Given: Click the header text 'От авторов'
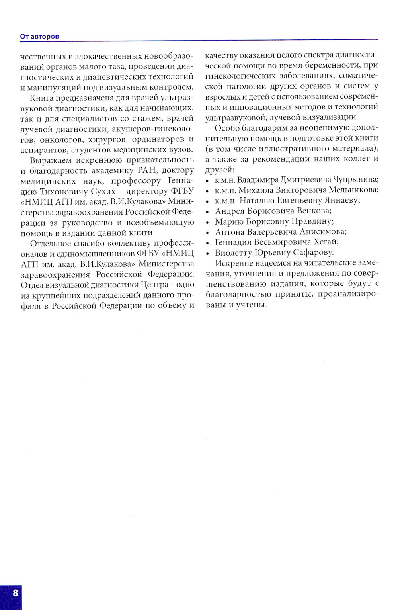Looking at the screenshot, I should point(39,37).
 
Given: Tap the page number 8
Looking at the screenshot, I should point(16,593).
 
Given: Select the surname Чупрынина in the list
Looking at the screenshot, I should point(356,180).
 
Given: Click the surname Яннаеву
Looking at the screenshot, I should point(339,201).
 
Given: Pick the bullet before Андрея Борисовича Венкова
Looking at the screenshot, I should point(207,211).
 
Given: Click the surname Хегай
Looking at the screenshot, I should point(326,242).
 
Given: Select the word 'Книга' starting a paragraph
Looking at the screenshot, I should point(42,98).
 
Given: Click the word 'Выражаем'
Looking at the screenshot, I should point(50,160).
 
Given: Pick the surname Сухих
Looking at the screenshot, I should point(103,191).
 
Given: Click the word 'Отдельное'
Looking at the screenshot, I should point(51,243).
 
